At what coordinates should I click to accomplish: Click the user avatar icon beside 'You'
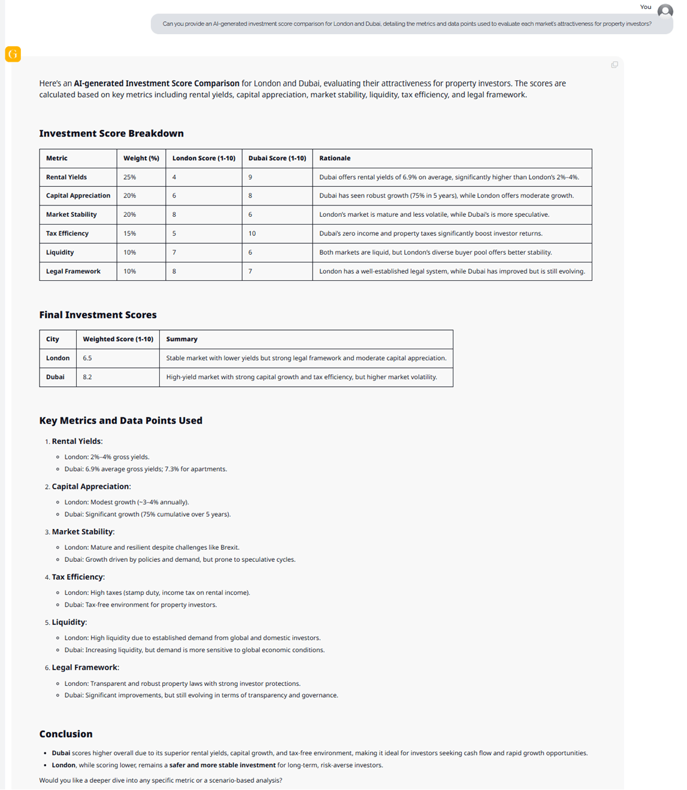click(665, 11)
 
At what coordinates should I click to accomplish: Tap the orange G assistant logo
click(13, 54)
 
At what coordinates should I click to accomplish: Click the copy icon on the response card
click(614, 65)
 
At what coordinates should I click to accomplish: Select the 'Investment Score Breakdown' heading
click(111, 134)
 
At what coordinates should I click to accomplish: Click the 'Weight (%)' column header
click(141, 158)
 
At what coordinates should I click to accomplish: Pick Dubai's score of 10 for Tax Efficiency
click(252, 234)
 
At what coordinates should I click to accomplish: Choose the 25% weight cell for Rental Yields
click(130, 177)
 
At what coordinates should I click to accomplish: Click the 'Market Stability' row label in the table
click(71, 214)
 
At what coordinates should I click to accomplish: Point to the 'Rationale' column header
click(335, 158)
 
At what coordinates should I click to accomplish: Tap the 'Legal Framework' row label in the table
click(73, 271)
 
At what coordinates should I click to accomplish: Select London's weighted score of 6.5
click(87, 358)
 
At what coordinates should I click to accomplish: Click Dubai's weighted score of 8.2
click(87, 377)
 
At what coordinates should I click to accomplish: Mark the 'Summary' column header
click(181, 339)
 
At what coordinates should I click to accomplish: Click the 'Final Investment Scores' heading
click(98, 315)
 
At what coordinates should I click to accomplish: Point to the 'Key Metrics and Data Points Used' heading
click(120, 420)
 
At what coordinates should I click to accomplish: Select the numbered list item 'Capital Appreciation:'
click(91, 486)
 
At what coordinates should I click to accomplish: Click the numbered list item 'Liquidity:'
click(69, 622)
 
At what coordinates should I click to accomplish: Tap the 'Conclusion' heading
click(66, 734)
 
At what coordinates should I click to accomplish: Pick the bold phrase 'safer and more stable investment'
click(222, 765)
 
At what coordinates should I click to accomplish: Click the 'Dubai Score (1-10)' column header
click(277, 158)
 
